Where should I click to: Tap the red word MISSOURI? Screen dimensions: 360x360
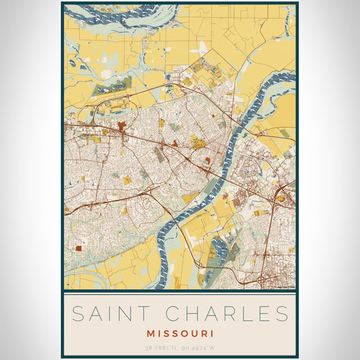pos(180,332)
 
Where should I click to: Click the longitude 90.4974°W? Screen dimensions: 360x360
pos(200,346)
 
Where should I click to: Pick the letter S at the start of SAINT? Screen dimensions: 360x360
pos(76,313)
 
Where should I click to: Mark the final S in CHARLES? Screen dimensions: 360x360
pos(283,313)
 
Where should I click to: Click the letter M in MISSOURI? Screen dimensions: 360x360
pos(149,332)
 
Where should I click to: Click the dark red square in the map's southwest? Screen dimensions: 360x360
pos(79,248)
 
